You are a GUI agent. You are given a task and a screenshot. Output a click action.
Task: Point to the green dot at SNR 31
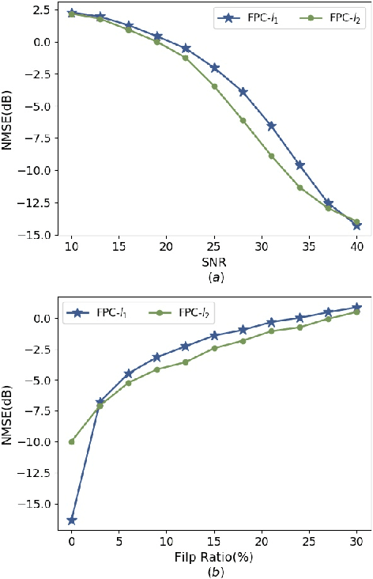271,156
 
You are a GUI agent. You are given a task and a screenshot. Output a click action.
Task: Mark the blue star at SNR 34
300,165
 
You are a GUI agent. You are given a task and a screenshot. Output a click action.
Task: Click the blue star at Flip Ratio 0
72,520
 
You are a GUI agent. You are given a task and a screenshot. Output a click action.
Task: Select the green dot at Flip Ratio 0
72,441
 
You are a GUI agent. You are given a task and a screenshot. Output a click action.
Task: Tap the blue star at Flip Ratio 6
129,373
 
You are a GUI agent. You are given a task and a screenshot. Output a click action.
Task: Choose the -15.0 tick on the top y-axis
43,235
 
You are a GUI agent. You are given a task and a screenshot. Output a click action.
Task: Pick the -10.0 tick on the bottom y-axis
43,441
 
